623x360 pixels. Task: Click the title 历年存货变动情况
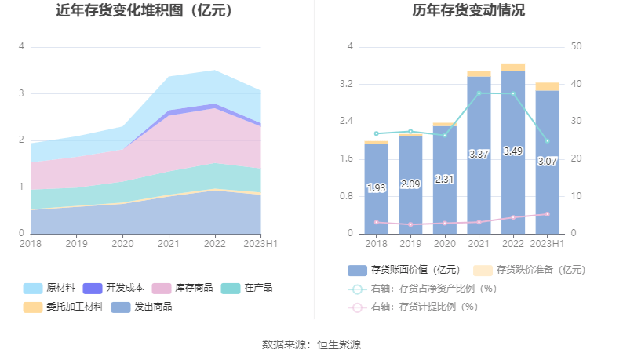[x=468, y=11]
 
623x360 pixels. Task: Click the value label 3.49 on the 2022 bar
[x=513, y=151]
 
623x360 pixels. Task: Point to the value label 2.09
[x=410, y=184]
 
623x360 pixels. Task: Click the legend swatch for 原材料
[x=33, y=288]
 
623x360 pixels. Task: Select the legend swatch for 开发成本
[x=92, y=288]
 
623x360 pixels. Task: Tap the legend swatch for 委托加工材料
[x=33, y=307]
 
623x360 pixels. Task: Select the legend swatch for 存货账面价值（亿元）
[x=357, y=270]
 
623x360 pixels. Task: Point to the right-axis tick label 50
[x=577, y=46]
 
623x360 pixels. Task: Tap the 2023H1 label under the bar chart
[x=548, y=244]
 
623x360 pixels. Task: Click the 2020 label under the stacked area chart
[x=122, y=244]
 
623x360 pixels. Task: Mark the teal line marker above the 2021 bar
[x=479, y=93]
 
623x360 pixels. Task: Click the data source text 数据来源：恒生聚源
[x=311, y=344]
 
